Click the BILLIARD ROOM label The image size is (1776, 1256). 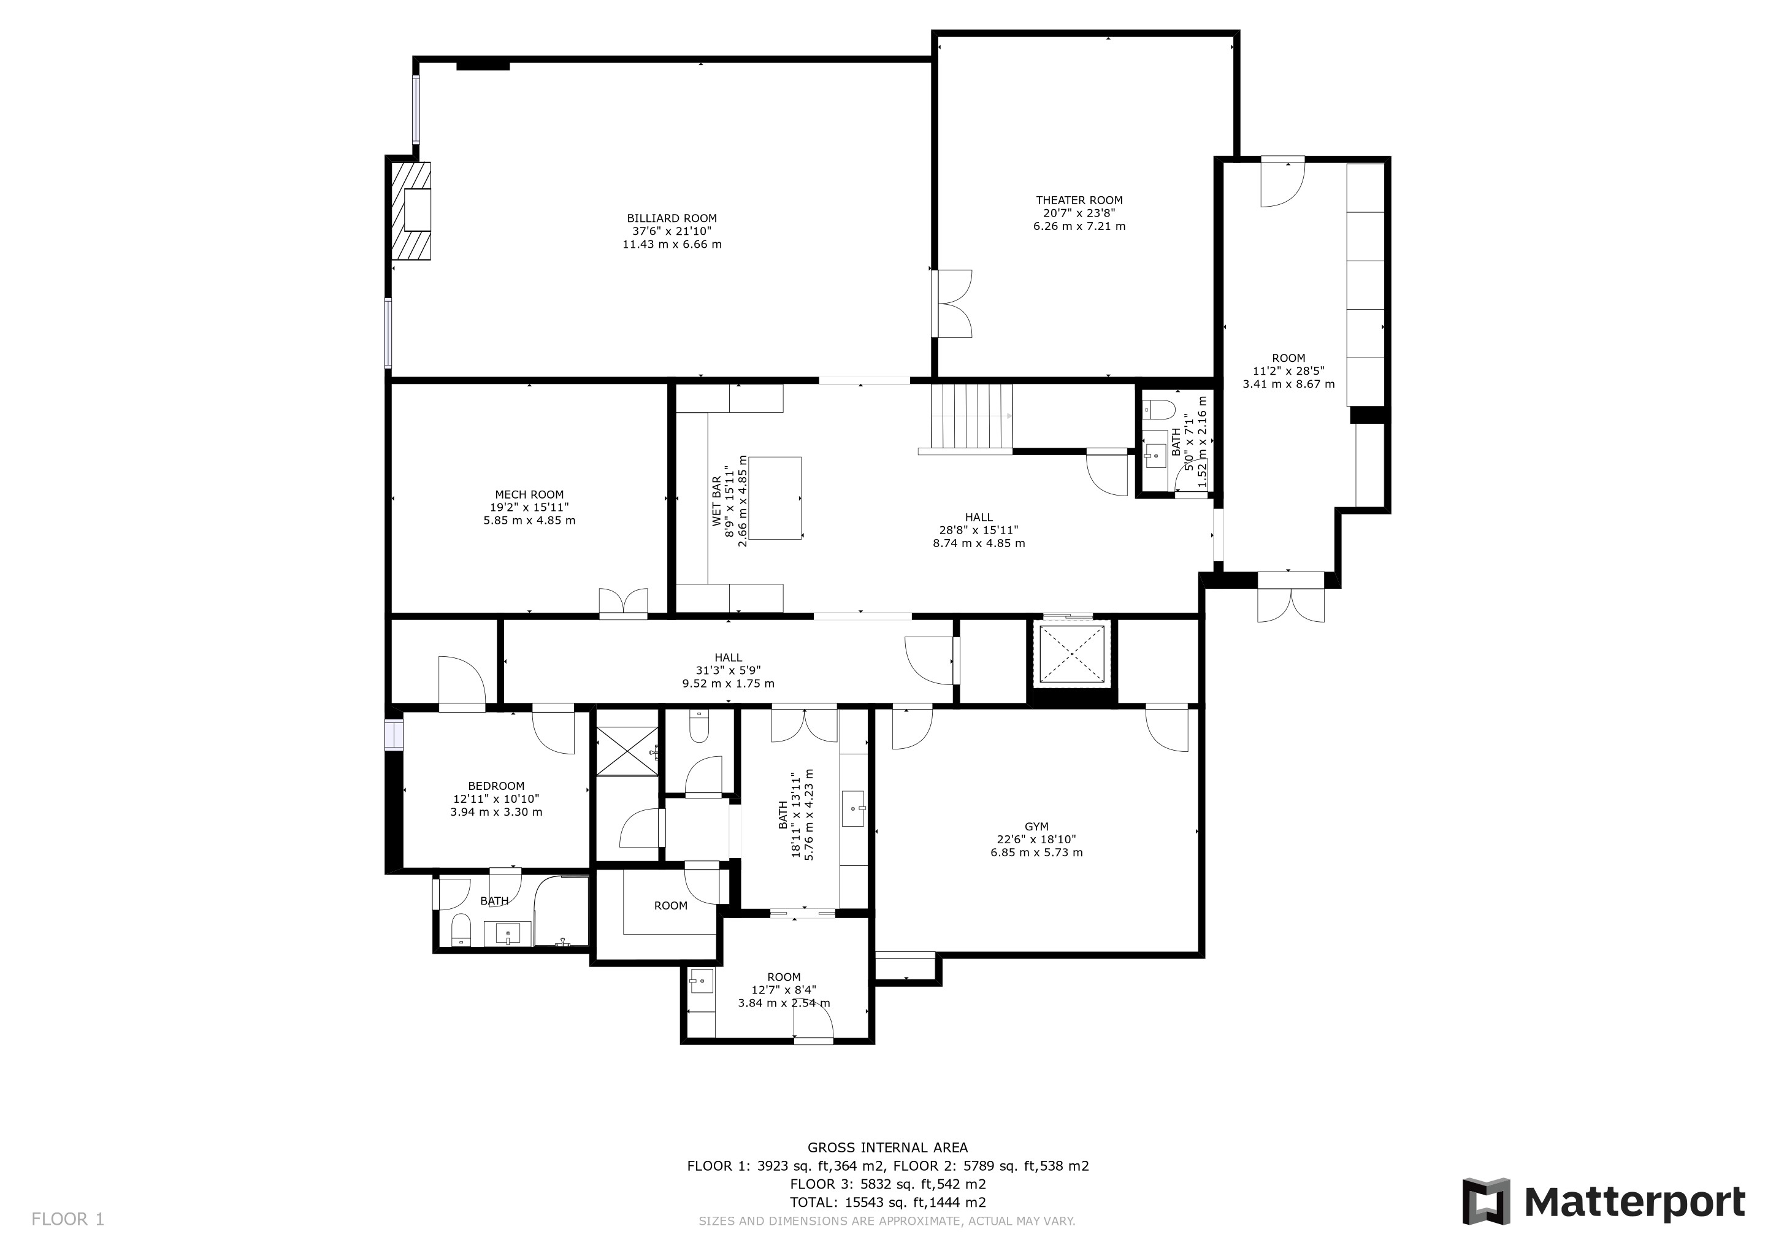tap(672, 219)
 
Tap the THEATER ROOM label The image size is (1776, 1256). tap(1079, 201)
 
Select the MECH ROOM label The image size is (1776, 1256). tap(529, 495)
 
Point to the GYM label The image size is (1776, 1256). tap(1036, 827)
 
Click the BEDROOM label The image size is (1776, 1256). tap(496, 786)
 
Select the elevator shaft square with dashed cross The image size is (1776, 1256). tap(1072, 654)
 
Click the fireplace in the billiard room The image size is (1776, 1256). tap(411, 210)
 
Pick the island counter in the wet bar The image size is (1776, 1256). tap(775, 498)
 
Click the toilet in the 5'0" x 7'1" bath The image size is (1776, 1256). tap(1158, 408)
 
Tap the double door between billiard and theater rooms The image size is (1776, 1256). tap(952, 303)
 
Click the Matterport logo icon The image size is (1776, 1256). tap(1485, 1201)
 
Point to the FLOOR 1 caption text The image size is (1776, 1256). tap(67, 1220)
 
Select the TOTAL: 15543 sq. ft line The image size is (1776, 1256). tap(888, 1203)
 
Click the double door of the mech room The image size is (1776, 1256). tap(624, 603)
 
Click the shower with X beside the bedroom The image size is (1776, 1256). tap(627, 750)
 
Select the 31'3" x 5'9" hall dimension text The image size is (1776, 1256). tap(728, 670)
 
